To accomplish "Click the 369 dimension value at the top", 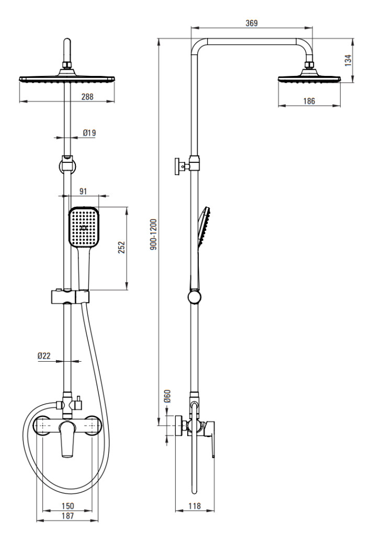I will click(251, 23).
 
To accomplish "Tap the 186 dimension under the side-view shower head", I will click(309, 101).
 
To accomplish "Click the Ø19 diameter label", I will click(89, 133).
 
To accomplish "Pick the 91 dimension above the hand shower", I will click(83, 191).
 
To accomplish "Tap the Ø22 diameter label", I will click(44, 356).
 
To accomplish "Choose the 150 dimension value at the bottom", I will click(67, 506).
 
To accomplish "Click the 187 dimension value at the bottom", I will click(67, 516).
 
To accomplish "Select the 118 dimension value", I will click(194, 506).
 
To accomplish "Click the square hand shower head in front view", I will click(84, 228).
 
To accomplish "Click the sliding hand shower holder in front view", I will click(70, 297).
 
